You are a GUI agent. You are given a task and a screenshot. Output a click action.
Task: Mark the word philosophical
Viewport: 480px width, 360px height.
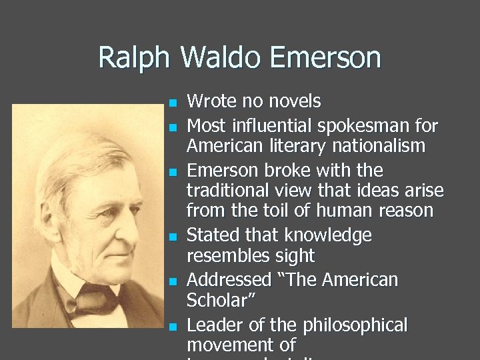(355, 325)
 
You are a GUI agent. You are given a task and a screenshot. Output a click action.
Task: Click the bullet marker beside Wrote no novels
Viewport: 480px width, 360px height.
(172, 103)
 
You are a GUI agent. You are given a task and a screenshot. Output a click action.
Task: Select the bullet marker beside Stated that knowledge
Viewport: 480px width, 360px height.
(172, 237)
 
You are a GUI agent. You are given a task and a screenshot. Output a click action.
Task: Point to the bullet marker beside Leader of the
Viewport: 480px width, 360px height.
(172, 327)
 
